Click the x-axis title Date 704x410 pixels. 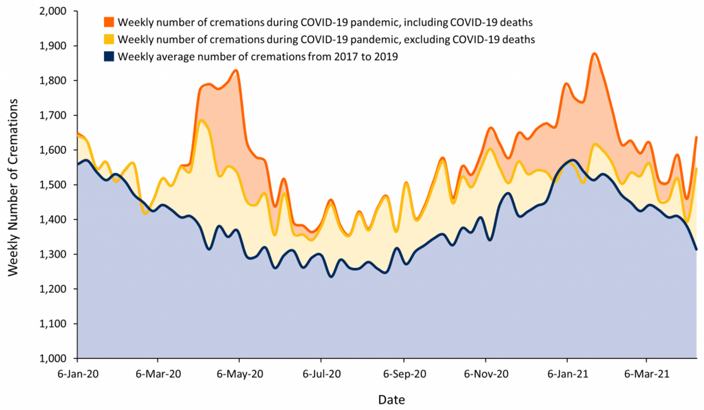391,399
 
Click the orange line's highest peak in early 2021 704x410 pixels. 594,54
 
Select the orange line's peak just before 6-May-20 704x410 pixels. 236,70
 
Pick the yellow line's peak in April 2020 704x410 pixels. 202,121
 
